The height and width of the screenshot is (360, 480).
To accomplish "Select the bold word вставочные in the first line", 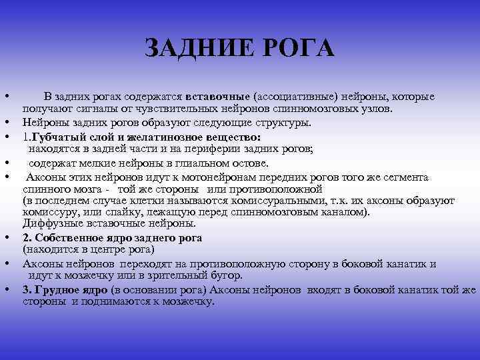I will [223, 97].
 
